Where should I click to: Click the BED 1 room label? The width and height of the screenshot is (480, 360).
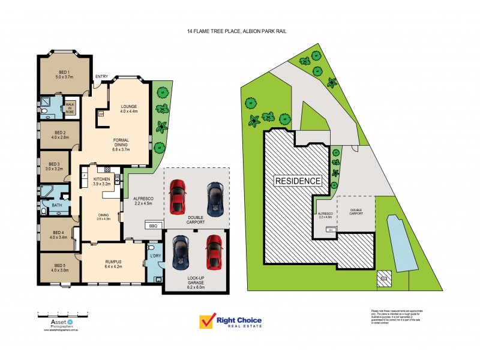[64, 74]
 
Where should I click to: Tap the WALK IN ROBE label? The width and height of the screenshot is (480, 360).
[70, 107]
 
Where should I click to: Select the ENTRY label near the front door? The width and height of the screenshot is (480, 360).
[101, 77]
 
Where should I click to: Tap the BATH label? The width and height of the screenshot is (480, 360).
[56, 206]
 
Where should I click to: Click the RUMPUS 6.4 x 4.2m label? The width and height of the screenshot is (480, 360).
[113, 264]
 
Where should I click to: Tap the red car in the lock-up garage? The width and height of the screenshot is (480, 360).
[214, 251]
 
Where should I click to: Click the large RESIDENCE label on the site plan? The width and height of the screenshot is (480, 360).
[298, 181]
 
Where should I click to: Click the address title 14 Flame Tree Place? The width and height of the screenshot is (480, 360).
[239, 31]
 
